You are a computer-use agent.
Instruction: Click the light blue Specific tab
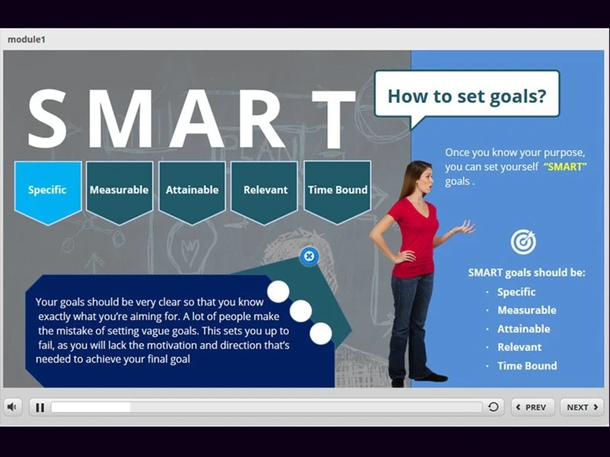pos(48,190)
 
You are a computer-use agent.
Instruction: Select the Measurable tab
pos(119,190)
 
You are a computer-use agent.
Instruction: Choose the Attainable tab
pos(192,190)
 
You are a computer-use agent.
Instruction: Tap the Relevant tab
pos(265,190)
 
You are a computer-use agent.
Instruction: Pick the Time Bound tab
pos(337,190)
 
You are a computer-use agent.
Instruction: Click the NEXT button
pos(581,407)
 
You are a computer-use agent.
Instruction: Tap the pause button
pos(40,408)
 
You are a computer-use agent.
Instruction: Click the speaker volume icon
pos(12,407)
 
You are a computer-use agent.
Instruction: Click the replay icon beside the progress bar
pos(493,407)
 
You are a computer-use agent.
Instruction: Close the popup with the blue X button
pos(309,257)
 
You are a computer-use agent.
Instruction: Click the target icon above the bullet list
pos(523,243)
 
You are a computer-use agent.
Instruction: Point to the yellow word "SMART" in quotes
pos(564,167)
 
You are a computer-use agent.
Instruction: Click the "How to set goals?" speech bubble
pos(467,96)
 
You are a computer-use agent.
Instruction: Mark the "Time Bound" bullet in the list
pos(527,366)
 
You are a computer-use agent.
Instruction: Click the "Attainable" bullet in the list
pos(523,329)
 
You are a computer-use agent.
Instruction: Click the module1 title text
pos(26,40)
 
